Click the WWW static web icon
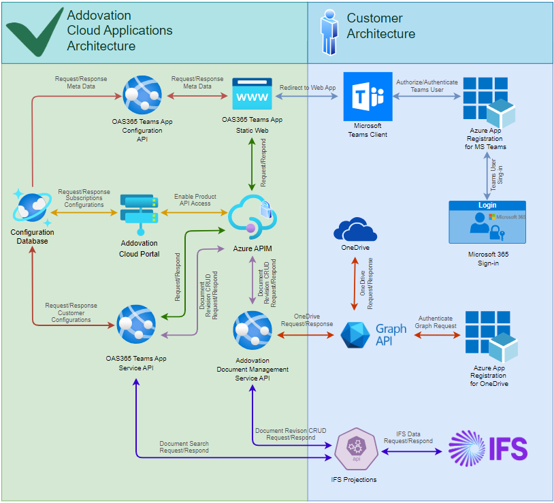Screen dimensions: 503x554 pyautogui.click(x=252, y=93)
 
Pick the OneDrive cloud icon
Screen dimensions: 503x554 pyautogui.click(x=355, y=229)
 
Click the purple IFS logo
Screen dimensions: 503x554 pyautogui.click(x=488, y=449)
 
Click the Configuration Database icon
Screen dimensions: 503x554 pyautogui.click(x=31, y=207)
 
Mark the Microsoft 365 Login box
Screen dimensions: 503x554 pyautogui.click(x=487, y=222)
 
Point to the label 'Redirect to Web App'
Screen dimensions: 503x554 pyautogui.click(x=307, y=88)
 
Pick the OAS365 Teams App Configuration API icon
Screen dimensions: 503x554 pyautogui.click(x=142, y=95)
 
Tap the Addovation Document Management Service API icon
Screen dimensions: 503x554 pyautogui.click(x=253, y=331)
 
